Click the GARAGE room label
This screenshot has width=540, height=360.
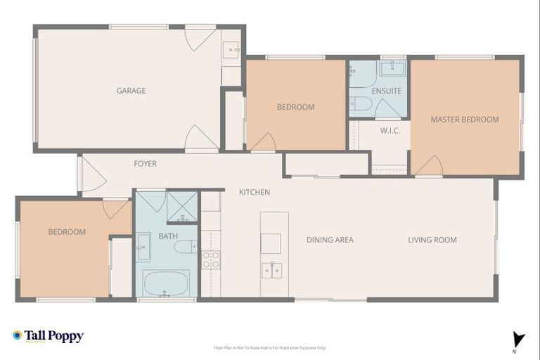(131, 91)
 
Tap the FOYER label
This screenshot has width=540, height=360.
(145, 164)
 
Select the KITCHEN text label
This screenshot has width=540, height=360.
(254, 192)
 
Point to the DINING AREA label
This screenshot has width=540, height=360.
(330, 240)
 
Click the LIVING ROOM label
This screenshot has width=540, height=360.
(432, 240)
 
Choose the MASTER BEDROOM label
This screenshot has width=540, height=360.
(464, 120)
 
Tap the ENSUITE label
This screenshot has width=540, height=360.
(387, 91)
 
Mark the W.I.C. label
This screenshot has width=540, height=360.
(390, 131)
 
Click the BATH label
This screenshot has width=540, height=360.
(168, 236)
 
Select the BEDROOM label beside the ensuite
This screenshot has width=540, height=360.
(295, 107)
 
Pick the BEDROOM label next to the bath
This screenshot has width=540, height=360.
(67, 232)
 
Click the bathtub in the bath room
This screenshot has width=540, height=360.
(166, 283)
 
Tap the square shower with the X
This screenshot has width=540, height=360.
(182, 206)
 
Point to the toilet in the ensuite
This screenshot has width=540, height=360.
(361, 104)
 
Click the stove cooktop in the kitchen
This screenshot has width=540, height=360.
(211, 259)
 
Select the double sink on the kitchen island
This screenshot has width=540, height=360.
(271, 270)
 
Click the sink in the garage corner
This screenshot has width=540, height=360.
(231, 49)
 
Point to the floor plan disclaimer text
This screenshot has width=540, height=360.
(270, 347)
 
